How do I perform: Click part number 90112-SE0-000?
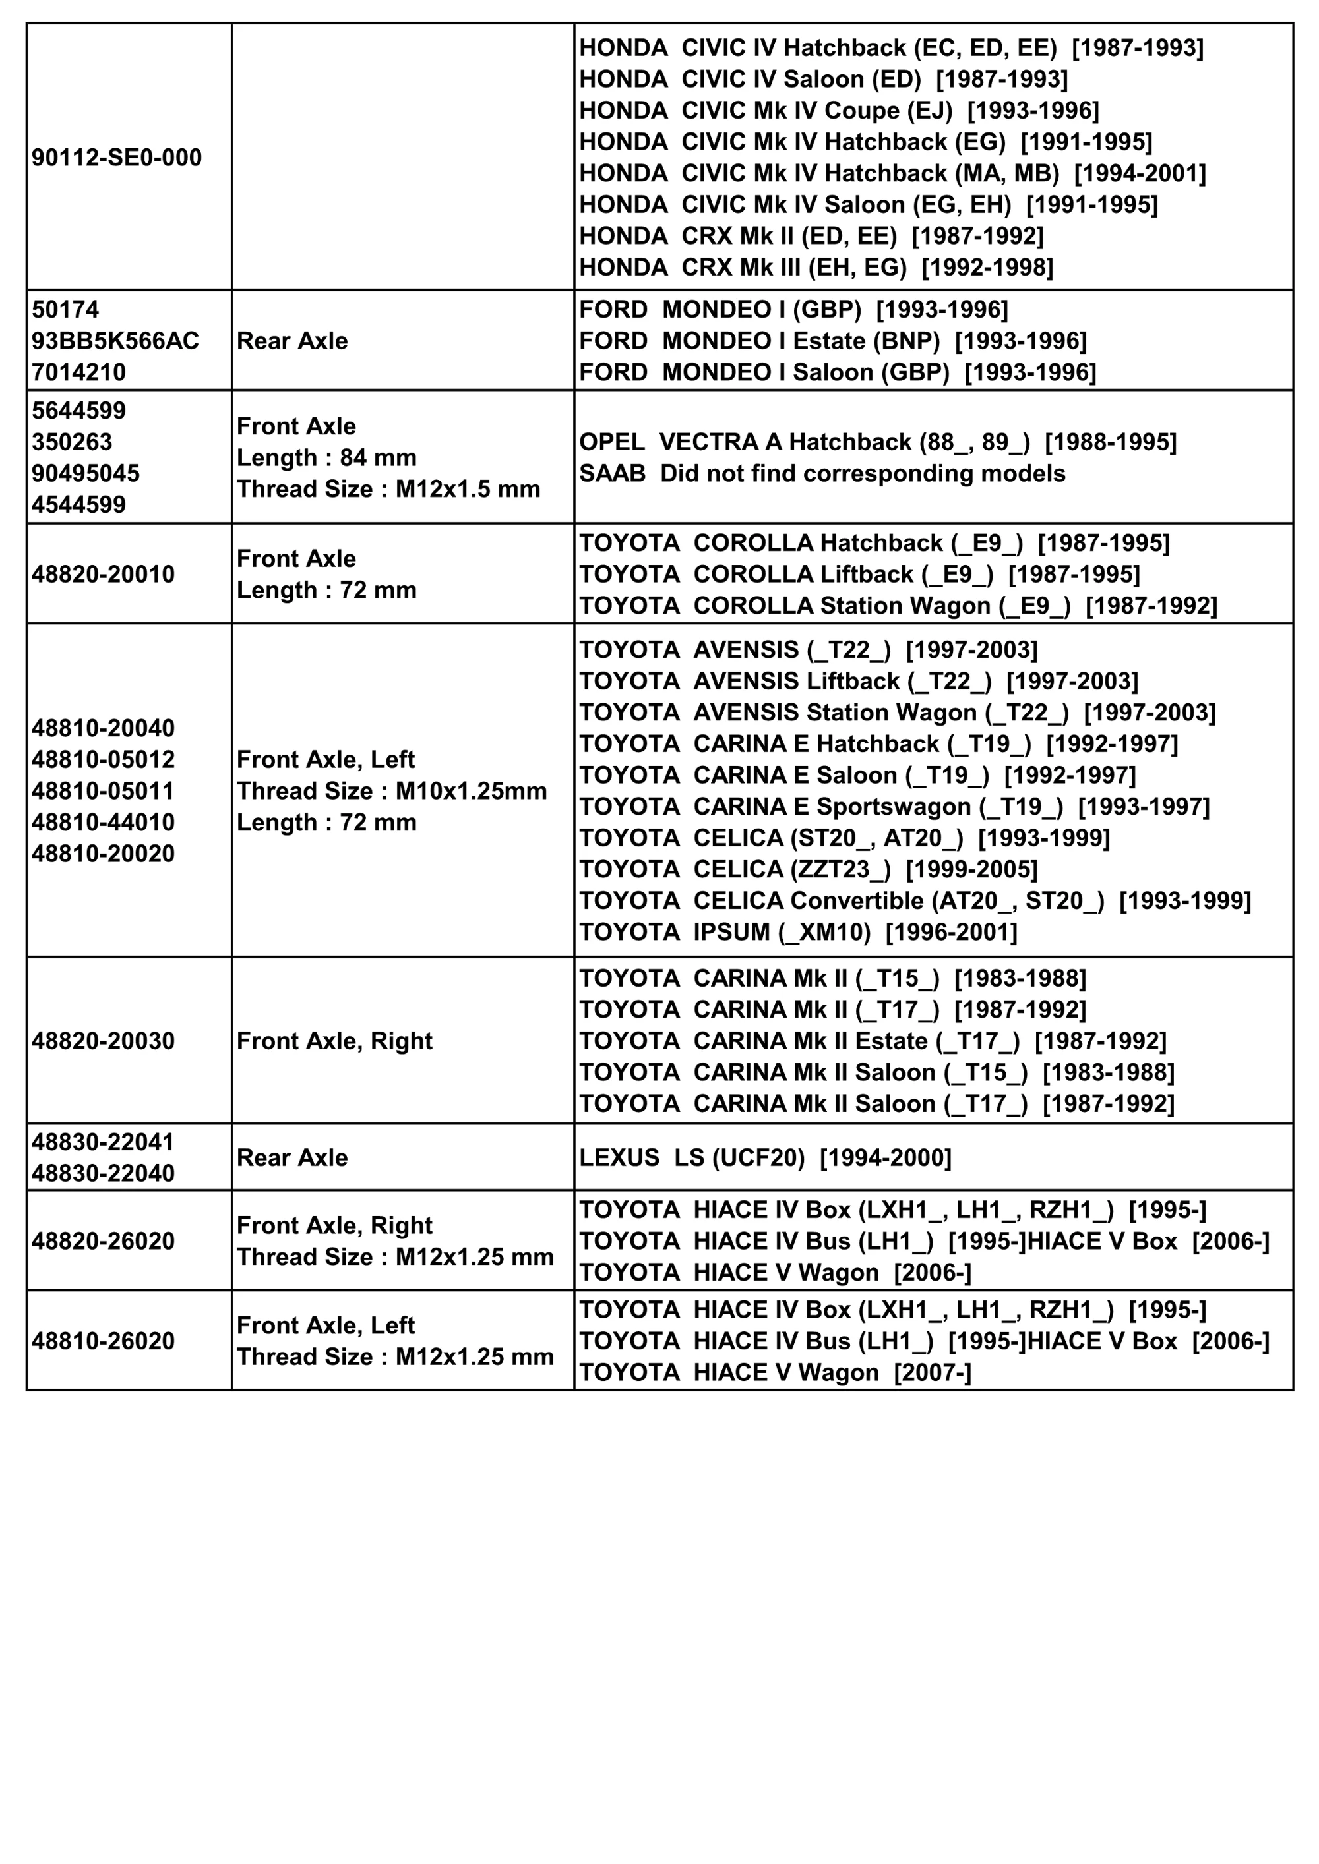click(117, 158)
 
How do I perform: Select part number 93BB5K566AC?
click(115, 341)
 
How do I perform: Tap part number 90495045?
click(86, 473)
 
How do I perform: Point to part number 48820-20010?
click(103, 575)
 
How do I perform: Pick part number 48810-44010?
click(103, 823)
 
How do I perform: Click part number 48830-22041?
click(103, 1142)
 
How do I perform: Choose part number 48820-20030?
click(103, 1041)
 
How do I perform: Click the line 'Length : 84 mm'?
click(326, 458)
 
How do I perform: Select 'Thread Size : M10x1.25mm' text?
click(392, 791)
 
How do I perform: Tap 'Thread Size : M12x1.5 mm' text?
click(388, 490)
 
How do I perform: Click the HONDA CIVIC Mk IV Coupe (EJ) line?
click(839, 111)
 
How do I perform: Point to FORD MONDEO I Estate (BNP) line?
click(832, 341)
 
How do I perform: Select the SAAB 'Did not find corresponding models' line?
click(822, 473)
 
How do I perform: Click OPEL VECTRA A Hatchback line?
click(877, 442)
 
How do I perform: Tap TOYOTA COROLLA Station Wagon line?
click(898, 606)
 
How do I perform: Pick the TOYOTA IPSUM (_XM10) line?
click(797, 932)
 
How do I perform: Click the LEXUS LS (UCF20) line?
click(765, 1157)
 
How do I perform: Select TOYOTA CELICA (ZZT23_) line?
click(808, 869)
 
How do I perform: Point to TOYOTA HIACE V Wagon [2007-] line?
click(775, 1373)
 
